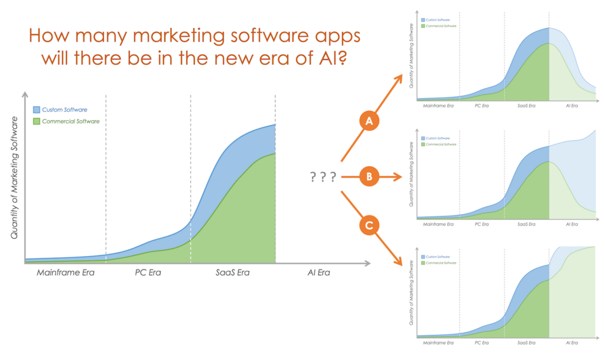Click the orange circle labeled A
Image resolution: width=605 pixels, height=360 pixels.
pyautogui.click(x=369, y=122)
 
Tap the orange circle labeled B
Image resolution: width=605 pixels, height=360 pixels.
pyautogui.click(x=369, y=176)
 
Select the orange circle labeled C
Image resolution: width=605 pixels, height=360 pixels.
pyautogui.click(x=369, y=226)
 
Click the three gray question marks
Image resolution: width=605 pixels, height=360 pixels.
pyautogui.click(x=323, y=177)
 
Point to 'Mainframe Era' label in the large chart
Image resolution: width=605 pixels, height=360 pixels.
pyautogui.click(x=66, y=273)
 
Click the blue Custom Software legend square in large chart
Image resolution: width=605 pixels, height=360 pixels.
pyautogui.click(x=37, y=110)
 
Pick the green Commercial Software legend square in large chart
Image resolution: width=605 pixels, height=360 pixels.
pyautogui.click(x=37, y=121)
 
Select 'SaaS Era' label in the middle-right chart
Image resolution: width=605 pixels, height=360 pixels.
pyautogui.click(x=526, y=224)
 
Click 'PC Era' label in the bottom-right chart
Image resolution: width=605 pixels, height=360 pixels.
pyautogui.click(x=482, y=343)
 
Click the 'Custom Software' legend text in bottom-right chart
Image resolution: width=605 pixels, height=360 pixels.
pyautogui.click(x=437, y=257)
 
